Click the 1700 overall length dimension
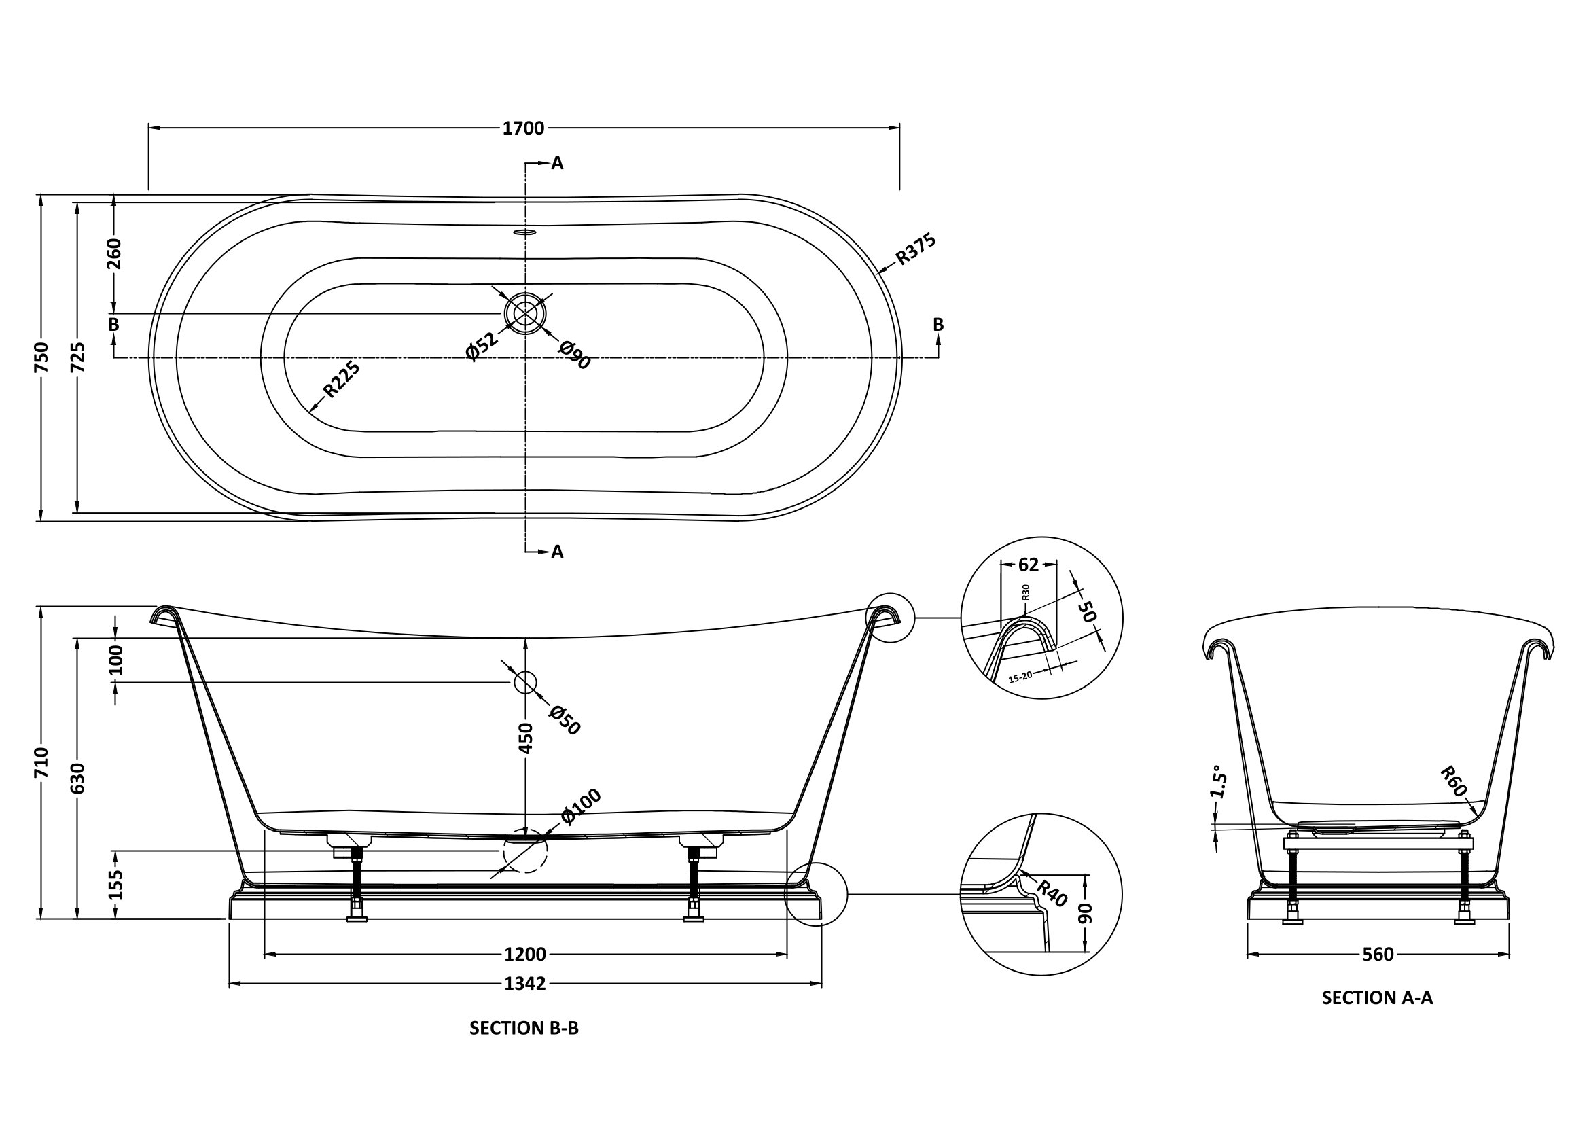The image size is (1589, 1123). coord(523,128)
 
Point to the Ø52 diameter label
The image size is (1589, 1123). coord(482,346)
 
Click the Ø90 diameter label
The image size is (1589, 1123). coord(575,354)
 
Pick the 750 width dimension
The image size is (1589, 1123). coord(41,357)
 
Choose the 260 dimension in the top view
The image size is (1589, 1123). coord(114,254)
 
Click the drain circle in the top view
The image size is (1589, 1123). coord(525,313)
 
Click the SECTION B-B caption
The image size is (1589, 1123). coord(524,1028)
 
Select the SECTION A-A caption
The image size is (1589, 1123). coord(1377,997)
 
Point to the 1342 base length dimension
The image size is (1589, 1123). coord(524,983)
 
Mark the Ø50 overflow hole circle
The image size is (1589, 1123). coord(524,682)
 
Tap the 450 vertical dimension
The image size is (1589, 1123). coord(526,738)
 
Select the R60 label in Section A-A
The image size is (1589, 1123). coord(1453,781)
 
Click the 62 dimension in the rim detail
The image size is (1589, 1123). coord(1029,565)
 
